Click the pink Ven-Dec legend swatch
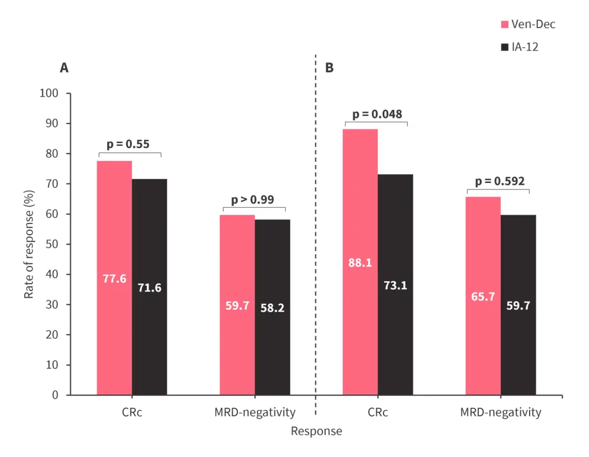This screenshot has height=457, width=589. (x=504, y=25)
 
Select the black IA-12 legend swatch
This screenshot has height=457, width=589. (x=504, y=47)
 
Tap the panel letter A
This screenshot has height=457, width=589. (x=64, y=68)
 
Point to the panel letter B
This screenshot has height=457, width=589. (x=329, y=68)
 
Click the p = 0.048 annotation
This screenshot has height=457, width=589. (x=377, y=114)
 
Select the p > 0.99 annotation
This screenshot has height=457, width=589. (x=253, y=200)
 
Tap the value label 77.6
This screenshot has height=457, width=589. (x=114, y=278)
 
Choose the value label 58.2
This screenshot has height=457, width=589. (x=273, y=308)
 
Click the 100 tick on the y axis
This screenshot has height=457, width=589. (x=49, y=94)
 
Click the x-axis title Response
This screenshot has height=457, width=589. (x=316, y=431)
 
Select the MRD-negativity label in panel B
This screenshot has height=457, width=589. (x=500, y=412)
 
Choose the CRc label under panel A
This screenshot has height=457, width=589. (x=128, y=412)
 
